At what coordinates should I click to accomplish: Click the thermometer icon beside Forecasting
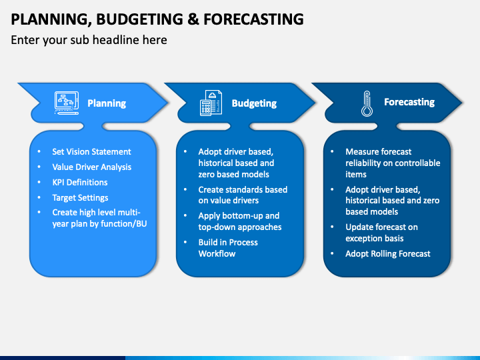(367, 104)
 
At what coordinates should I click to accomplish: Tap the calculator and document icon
(211, 103)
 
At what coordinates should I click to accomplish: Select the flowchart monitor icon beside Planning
(67, 103)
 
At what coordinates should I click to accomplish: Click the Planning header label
(107, 103)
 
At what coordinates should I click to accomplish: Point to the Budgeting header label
(254, 103)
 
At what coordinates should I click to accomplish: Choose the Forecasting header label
(409, 102)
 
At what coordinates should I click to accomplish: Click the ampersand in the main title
(193, 19)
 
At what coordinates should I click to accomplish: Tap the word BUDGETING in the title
(139, 19)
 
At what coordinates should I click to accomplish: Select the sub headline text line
(89, 40)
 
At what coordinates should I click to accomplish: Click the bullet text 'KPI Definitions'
(80, 182)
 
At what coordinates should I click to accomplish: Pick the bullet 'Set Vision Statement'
(91, 151)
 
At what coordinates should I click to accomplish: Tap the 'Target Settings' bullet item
(80, 198)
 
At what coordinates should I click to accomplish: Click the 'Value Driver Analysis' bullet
(92, 167)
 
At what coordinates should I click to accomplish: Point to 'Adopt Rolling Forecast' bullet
(388, 253)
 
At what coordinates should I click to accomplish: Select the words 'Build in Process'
(228, 242)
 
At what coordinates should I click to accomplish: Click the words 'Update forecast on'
(382, 227)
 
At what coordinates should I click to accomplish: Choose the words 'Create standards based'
(243, 189)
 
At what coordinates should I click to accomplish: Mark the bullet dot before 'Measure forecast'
(332, 151)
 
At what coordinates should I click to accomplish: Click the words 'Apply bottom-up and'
(239, 216)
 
